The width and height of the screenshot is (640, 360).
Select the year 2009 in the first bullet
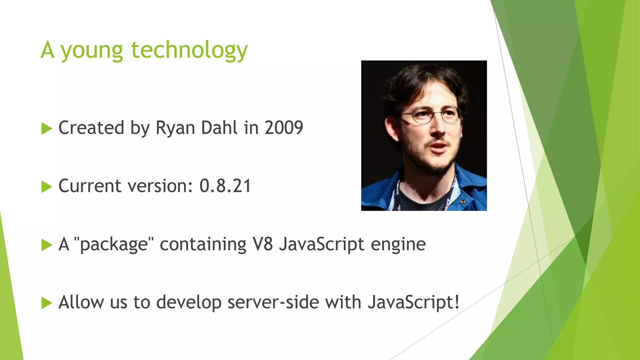click(x=284, y=128)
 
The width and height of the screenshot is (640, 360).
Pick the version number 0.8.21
click(x=225, y=186)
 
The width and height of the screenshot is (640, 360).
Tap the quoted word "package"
click(x=114, y=245)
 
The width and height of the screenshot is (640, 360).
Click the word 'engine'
click(x=398, y=245)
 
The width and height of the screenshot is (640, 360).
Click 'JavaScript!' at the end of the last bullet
click(x=413, y=303)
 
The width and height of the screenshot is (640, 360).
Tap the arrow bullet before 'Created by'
click(x=47, y=128)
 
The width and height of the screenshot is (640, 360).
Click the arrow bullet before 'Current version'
click(x=47, y=187)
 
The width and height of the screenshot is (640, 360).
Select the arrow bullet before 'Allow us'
click(x=47, y=303)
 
